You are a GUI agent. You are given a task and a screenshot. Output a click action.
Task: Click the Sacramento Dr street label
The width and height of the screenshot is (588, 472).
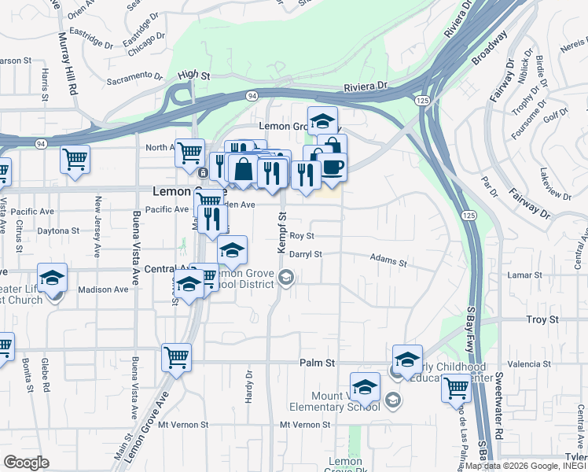tap(134, 78)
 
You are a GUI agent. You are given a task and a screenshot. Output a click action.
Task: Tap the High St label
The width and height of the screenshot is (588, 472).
tap(193, 76)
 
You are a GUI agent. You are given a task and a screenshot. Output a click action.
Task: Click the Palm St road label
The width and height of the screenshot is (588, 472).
tap(317, 363)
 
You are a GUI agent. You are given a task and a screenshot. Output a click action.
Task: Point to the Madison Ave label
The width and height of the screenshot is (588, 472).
tap(102, 289)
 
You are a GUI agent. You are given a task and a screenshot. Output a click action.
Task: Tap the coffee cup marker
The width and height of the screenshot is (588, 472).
tap(332, 168)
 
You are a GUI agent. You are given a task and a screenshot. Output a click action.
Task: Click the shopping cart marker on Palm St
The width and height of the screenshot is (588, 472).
tap(176, 357)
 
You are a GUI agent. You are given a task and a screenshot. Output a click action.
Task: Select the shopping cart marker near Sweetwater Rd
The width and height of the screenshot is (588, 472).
tap(456, 387)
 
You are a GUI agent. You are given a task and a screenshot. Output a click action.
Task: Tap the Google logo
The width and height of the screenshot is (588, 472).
tap(26, 463)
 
